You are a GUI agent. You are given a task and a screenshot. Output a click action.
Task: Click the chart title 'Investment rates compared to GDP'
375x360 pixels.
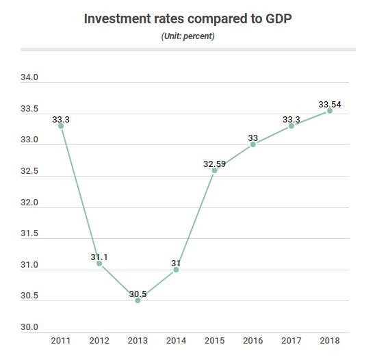pyautogui.click(x=187, y=18)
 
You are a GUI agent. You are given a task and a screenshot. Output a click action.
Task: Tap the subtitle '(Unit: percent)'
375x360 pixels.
pyautogui.click(x=187, y=36)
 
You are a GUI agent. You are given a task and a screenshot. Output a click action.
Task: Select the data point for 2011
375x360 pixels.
pyautogui.click(x=61, y=126)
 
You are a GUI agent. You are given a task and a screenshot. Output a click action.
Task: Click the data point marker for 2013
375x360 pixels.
pyautogui.click(x=138, y=300)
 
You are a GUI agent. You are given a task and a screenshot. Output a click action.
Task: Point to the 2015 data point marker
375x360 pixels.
pyautogui.click(x=214, y=170)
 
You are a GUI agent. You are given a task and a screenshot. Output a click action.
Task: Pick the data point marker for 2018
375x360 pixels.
pyautogui.click(x=330, y=111)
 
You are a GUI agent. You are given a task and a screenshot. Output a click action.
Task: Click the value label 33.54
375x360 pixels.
pyautogui.click(x=330, y=105)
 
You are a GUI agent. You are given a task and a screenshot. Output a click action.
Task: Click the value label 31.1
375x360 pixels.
pyautogui.click(x=99, y=257)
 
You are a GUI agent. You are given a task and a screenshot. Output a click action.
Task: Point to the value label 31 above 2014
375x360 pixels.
pyautogui.click(x=176, y=263)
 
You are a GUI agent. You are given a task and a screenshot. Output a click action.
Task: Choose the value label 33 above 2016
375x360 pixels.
pyautogui.click(x=253, y=138)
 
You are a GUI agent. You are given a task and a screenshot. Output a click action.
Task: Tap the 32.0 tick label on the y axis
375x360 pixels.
pyautogui.click(x=29, y=203)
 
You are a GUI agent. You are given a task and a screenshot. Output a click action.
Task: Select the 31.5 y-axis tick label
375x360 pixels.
pyautogui.click(x=29, y=234)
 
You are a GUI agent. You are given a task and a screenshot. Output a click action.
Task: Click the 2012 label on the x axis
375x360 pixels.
pyautogui.click(x=99, y=340)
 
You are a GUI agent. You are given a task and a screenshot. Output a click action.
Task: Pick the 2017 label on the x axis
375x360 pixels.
pyautogui.click(x=292, y=340)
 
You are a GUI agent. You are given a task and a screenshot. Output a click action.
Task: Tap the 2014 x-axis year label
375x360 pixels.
pyautogui.click(x=176, y=340)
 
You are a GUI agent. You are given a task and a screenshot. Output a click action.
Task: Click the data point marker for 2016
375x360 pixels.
pyautogui.click(x=253, y=144)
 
